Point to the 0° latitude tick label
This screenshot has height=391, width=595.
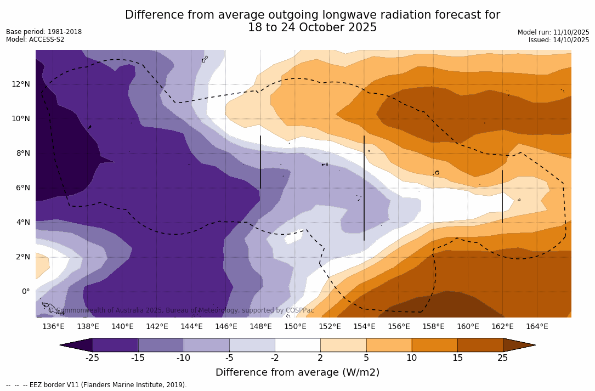coord(25,291)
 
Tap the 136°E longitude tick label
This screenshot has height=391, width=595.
coord(53,326)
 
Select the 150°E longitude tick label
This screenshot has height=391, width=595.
coord(295,326)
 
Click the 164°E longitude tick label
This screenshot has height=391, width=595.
coord(537,326)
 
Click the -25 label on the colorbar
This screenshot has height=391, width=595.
coord(92,358)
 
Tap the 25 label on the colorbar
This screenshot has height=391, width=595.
coord(502,358)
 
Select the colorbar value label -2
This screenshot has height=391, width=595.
coord(274,358)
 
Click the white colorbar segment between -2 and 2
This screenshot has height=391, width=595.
coord(297,345)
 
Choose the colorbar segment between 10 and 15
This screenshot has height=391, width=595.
coord(434,345)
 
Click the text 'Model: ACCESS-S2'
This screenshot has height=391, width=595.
coord(35,39)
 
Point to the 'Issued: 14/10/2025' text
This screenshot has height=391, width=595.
coord(559,40)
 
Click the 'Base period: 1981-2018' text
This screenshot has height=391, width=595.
coord(44,32)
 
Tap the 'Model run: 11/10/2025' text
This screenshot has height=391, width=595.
coord(553,32)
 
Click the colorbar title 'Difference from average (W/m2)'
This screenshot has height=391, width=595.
coord(297,372)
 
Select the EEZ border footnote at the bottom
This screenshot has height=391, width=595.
coord(97,385)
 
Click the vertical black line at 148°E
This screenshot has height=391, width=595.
coord(260,162)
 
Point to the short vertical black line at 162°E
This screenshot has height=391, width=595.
coord(502,196)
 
